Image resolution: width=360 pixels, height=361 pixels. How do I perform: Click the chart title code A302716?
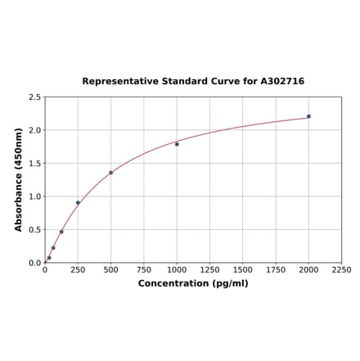282,82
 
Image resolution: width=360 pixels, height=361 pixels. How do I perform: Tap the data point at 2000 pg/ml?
308,116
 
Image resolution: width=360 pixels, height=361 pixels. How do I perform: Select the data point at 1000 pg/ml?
177,144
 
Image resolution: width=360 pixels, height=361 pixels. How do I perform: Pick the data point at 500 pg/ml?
110,173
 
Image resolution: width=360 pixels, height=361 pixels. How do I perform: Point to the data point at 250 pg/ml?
78,203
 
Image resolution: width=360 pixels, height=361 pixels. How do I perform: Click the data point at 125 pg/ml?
61,232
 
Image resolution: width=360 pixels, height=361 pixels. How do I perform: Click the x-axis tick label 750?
143,270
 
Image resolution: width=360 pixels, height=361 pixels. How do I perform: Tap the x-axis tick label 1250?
209,270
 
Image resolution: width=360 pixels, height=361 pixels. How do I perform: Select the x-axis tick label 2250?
341,270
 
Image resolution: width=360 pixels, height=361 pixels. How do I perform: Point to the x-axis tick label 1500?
243,270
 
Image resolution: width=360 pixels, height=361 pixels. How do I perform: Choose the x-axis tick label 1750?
276,270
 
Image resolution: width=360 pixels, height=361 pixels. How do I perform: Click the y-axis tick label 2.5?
35,97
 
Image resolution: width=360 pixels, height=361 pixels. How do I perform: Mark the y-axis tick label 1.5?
35,164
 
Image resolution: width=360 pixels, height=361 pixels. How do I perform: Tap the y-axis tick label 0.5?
35,230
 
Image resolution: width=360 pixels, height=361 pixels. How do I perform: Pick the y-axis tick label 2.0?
35,130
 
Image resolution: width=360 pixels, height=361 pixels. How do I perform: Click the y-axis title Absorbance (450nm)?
18,179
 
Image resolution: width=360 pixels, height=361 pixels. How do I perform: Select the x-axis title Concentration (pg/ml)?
193,283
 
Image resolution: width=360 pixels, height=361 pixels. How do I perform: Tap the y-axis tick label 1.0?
35,196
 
